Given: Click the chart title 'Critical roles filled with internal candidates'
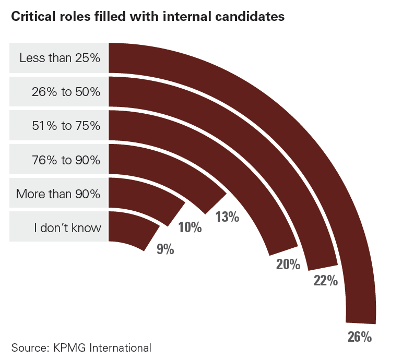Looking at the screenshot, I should click(148, 17).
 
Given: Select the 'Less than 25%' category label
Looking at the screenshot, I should click(60, 58).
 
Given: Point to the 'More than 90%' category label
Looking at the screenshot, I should click(58, 194).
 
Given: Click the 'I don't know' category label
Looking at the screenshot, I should click(66, 228).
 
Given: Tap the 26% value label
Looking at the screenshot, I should click(360, 337).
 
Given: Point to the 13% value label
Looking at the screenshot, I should click(227, 217).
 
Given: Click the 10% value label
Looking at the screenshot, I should click(190, 227).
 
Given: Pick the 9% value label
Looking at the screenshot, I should click(165, 249).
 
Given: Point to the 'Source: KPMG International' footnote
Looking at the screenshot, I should click(81, 347).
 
